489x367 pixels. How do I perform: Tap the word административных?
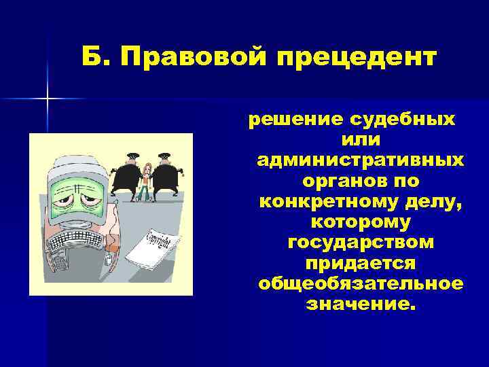[361, 161]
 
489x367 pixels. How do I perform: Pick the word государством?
[361, 243]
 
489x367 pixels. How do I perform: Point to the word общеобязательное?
[361, 283]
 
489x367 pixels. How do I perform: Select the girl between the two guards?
[146, 180]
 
